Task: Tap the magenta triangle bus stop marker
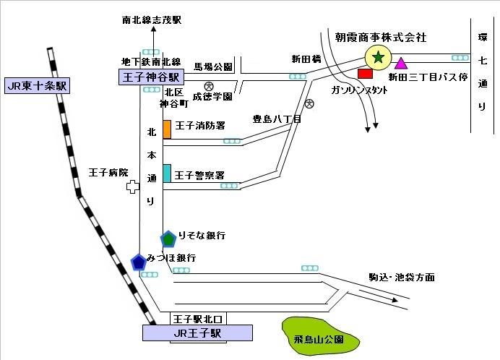pos(401,64)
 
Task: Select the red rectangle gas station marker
pos(365,73)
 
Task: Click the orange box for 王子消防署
pos(167,129)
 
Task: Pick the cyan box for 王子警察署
pos(167,173)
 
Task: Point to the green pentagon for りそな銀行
pos(168,238)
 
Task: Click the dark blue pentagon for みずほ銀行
pos(138,262)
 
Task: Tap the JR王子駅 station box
pos(197,333)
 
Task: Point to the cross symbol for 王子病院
pos(133,187)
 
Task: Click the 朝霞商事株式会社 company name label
pos(382,36)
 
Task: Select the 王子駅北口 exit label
pos(199,318)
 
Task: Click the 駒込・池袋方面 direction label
pos(402,277)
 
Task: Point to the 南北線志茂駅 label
pos(152,21)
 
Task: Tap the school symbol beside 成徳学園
pos(208,86)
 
